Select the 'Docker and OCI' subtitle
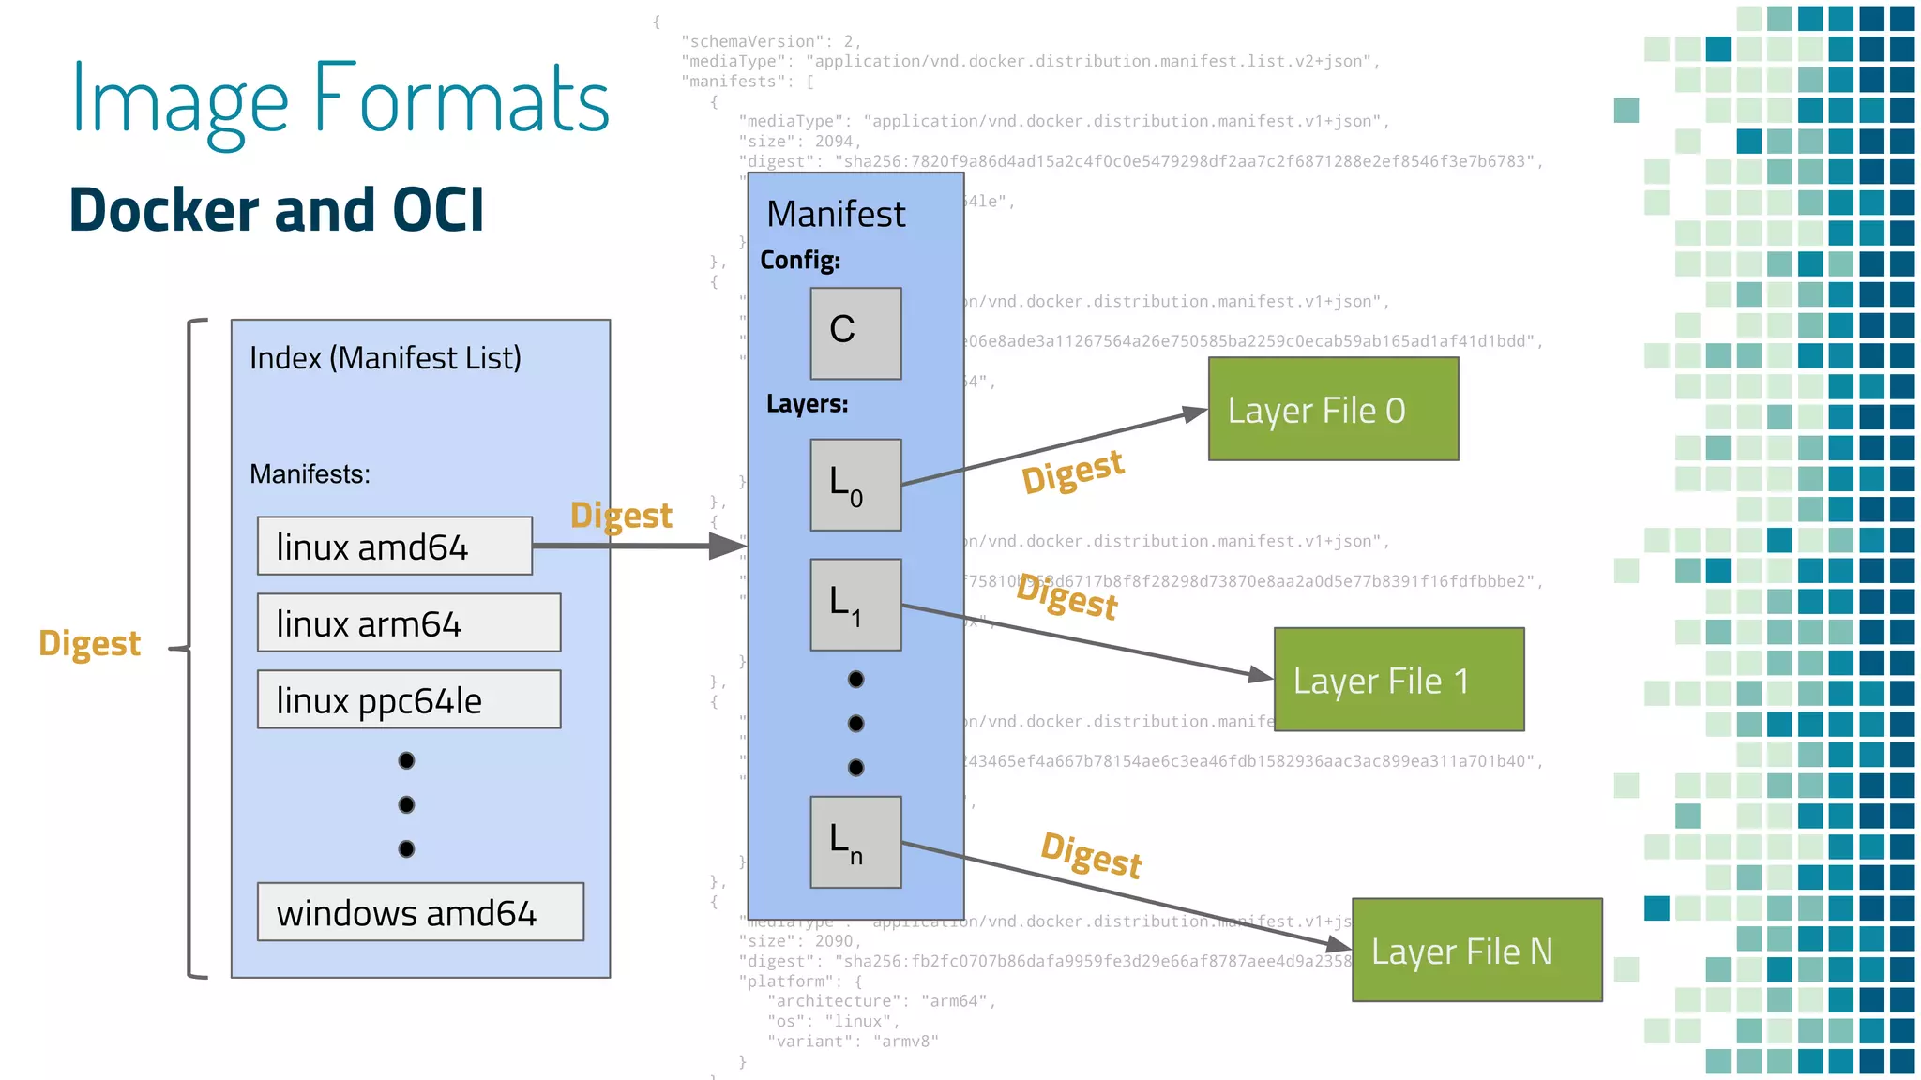pyautogui.click(x=277, y=209)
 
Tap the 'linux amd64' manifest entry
pyautogui.click(x=395, y=547)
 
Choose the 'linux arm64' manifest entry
pyautogui.click(x=409, y=623)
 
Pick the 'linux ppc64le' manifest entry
pyautogui.click(x=409, y=700)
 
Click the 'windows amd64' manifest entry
pyautogui.click(x=420, y=912)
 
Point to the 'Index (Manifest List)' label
pyautogui.click(x=385, y=358)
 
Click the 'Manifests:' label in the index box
pyautogui.click(x=310, y=474)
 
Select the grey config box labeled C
pyautogui.click(x=855, y=334)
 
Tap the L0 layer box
pyautogui.click(x=855, y=486)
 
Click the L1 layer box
pyautogui.click(x=855, y=605)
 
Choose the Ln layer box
pyautogui.click(x=855, y=842)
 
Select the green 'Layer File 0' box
pyautogui.click(x=1333, y=410)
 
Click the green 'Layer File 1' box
pyautogui.click(x=1399, y=680)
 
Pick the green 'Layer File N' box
pyautogui.click(x=1476, y=951)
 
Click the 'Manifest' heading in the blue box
pyautogui.click(x=836, y=215)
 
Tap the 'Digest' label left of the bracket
pyautogui.click(x=89, y=644)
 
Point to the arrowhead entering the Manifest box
pyautogui.click(x=728, y=546)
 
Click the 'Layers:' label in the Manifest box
pyautogui.click(x=807, y=404)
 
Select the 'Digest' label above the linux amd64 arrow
pyautogui.click(x=621, y=516)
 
